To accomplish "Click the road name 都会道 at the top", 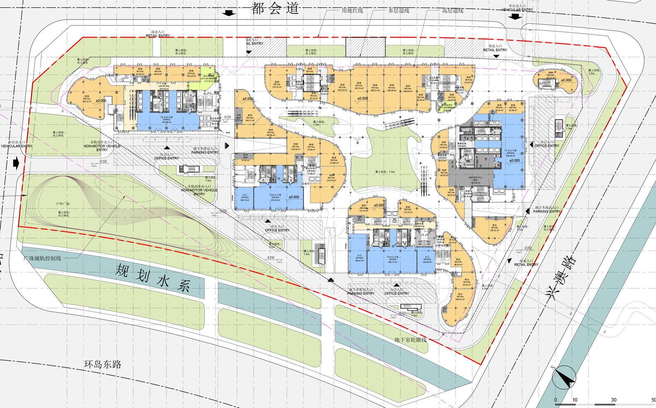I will [x=275, y=8].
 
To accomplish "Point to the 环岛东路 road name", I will [x=102, y=364].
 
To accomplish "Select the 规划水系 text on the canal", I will [x=152, y=277].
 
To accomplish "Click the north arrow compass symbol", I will [x=564, y=377].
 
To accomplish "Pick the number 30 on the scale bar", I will [x=613, y=400].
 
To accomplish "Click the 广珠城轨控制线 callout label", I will [x=43, y=258].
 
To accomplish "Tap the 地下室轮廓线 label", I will [x=410, y=340].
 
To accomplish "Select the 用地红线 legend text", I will [x=352, y=11].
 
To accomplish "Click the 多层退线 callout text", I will [x=398, y=11].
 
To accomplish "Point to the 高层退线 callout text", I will [x=452, y=11].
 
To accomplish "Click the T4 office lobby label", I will [x=166, y=120].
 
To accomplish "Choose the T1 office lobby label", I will [x=510, y=153].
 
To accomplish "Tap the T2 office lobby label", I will [x=393, y=260].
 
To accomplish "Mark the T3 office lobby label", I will [x=275, y=197].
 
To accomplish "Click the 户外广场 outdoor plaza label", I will [x=63, y=204].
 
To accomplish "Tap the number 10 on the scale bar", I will [x=575, y=400].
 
